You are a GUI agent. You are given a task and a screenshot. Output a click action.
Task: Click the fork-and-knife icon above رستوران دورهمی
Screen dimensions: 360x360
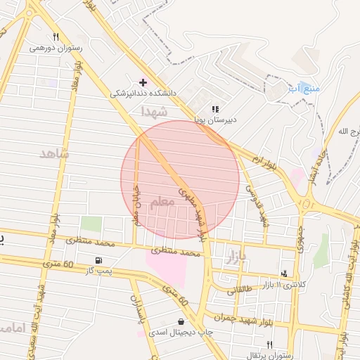56,37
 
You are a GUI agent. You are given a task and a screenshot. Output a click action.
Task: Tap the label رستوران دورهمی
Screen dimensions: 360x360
56,49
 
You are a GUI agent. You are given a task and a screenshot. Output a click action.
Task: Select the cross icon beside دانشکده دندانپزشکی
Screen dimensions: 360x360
143,82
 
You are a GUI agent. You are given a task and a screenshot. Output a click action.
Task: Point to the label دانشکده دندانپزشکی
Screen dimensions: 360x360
143,93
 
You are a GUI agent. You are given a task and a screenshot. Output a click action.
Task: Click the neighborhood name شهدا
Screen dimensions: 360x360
155,112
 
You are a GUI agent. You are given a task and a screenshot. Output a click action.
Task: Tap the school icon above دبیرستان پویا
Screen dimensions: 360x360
215,109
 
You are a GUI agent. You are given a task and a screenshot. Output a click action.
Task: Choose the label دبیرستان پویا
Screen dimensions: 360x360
216,120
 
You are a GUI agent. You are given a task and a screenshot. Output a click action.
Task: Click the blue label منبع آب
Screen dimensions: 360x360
304,89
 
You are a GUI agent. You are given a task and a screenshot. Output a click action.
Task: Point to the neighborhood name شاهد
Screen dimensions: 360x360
55,153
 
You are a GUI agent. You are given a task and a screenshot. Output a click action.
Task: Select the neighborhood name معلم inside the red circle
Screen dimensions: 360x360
162,202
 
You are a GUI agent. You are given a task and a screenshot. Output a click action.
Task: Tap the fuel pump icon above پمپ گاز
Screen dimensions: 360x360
108,260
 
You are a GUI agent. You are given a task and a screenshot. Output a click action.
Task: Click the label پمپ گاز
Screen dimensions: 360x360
101,271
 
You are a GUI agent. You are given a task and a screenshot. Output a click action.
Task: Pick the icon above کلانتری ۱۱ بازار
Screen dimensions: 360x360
284,274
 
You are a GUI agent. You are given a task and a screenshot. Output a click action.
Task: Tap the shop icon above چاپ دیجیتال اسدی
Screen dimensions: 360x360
181,321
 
